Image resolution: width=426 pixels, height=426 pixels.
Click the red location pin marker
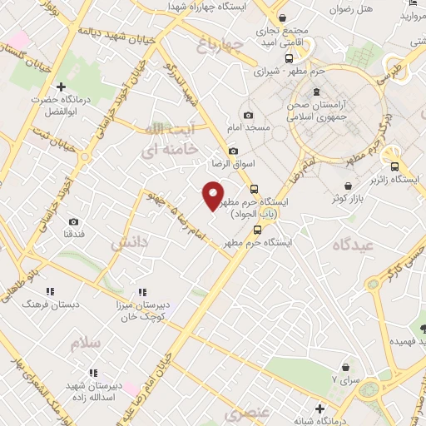[x=213, y=195]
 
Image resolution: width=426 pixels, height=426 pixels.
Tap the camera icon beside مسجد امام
[x=248, y=116]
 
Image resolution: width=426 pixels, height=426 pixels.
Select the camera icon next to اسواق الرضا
[x=233, y=151]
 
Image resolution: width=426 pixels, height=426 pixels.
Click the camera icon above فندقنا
[x=74, y=222]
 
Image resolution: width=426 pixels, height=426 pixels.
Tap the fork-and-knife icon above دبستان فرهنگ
[x=50, y=291]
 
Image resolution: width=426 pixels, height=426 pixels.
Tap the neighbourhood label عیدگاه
[x=353, y=245]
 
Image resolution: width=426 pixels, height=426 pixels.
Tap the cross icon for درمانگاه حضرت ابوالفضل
[x=61, y=87]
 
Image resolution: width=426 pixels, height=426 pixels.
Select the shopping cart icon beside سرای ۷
[x=345, y=366]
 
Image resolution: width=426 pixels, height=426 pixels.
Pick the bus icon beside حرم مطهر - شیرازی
[x=289, y=59]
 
